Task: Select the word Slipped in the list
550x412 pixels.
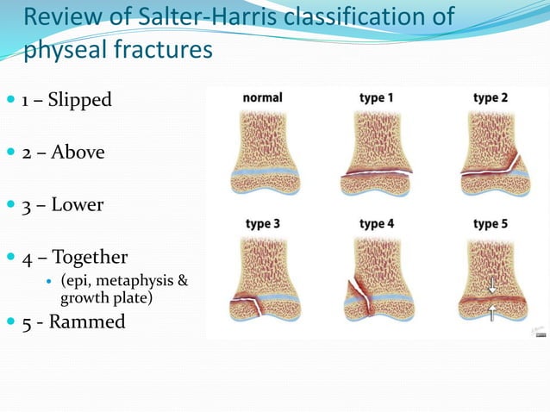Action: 79,100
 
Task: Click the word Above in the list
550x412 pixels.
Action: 78,153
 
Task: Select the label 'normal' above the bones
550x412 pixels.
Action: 263,97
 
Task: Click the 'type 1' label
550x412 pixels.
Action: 377,97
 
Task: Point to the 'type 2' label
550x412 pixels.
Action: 491,97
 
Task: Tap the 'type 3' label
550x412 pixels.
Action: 263,224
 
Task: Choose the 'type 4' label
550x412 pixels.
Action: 377,224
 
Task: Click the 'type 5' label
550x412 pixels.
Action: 491,224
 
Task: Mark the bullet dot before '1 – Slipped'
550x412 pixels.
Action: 11,100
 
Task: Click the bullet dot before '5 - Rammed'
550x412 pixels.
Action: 11,322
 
